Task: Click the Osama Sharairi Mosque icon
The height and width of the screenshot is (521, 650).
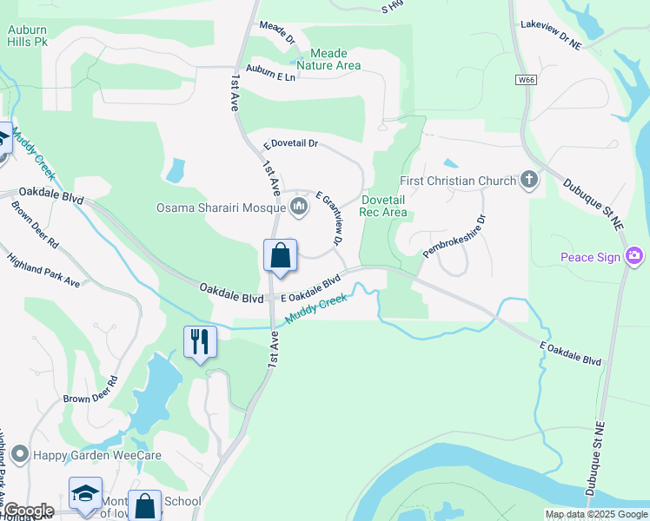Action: point(299,207)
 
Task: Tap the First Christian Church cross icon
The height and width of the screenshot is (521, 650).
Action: point(529,181)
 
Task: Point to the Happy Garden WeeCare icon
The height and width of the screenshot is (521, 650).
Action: point(19,454)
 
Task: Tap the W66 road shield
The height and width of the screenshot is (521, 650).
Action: point(525,80)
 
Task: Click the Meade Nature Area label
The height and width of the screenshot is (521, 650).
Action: point(328,59)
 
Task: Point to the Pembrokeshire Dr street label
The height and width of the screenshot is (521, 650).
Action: point(453,236)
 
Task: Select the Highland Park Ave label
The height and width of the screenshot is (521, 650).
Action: point(43,270)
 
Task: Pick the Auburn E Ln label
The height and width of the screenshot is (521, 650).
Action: point(271,75)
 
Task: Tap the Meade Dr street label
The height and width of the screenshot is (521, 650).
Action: point(277,32)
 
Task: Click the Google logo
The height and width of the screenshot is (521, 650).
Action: point(29,511)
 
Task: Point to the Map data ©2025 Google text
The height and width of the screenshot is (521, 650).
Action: point(596,514)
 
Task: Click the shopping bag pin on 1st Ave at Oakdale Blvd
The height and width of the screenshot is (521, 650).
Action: point(280,256)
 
